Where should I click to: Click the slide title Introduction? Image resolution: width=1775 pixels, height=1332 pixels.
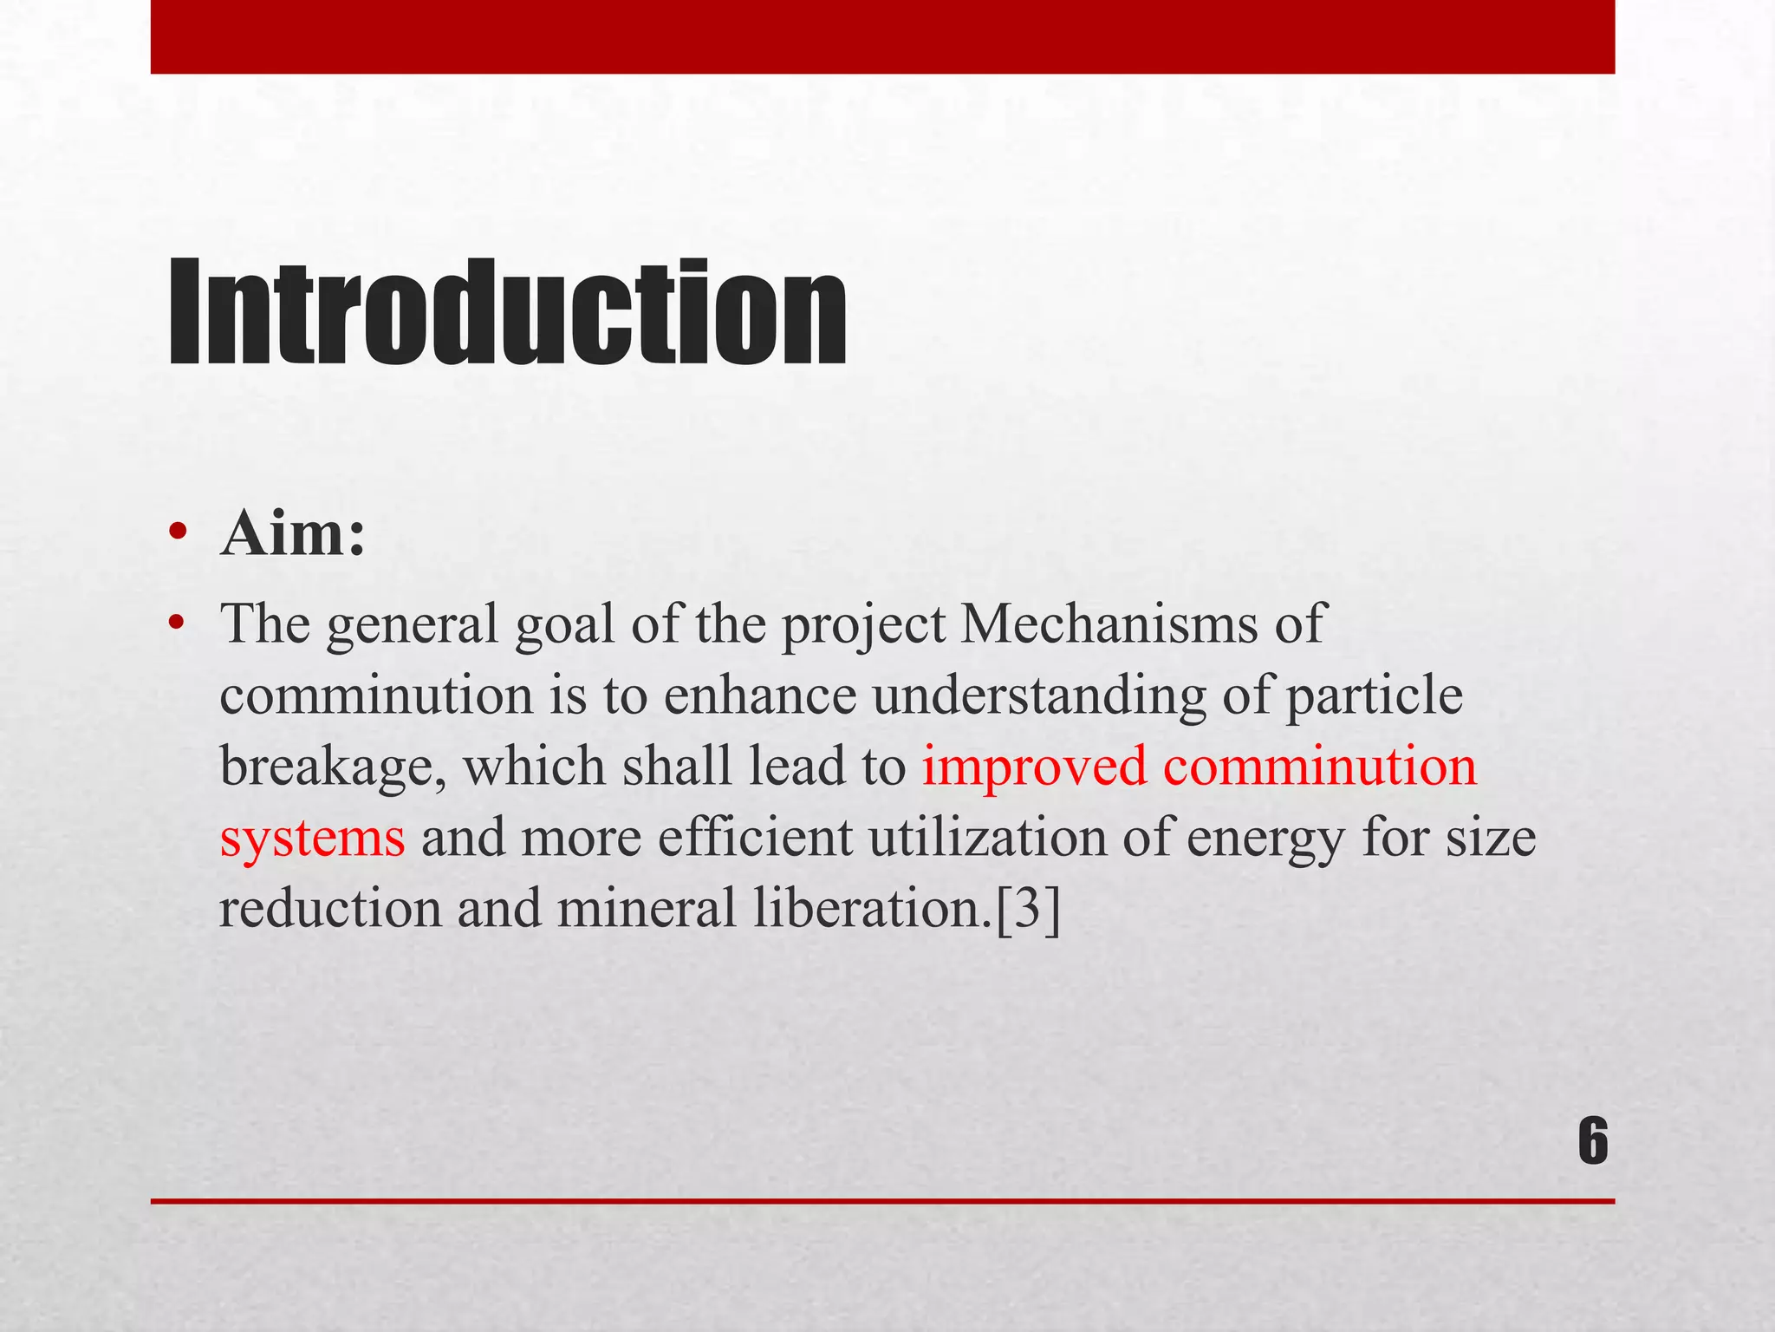click(506, 314)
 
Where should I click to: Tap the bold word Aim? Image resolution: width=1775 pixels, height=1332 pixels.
click(293, 534)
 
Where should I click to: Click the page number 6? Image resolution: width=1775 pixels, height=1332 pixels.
click(1593, 1142)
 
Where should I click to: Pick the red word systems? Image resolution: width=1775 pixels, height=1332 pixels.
click(312, 839)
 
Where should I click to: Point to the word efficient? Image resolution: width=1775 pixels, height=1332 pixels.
click(755, 839)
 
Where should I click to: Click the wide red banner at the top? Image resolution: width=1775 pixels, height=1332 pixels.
click(882, 36)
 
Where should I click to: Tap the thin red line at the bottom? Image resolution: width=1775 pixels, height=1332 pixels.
click(882, 1201)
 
